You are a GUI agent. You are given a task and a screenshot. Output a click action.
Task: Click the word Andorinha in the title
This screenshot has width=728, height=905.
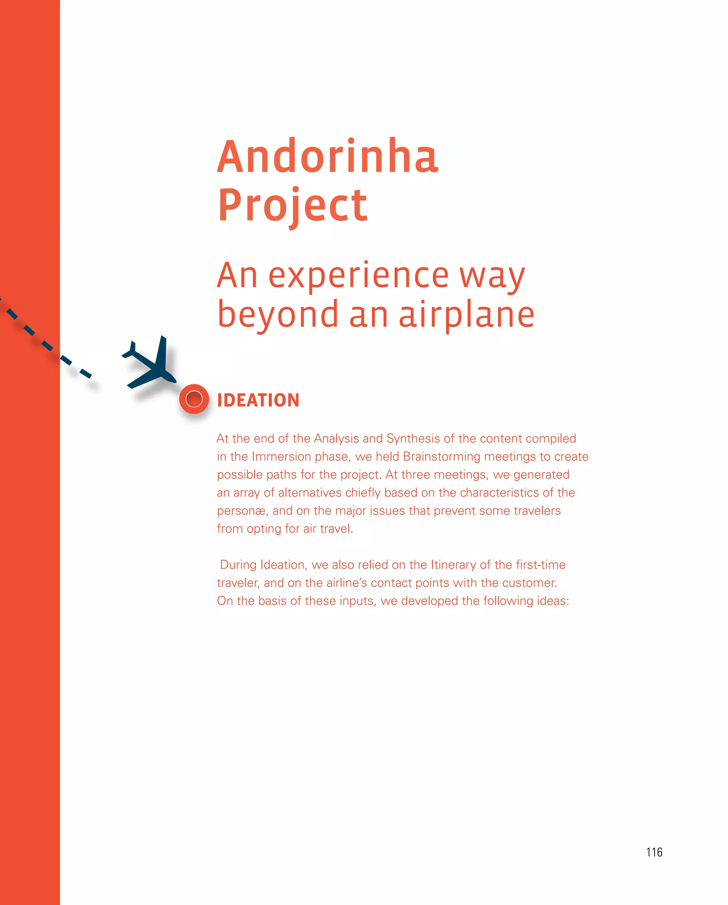(x=327, y=157)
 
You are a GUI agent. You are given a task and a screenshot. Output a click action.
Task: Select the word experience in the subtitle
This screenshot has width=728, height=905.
(x=359, y=276)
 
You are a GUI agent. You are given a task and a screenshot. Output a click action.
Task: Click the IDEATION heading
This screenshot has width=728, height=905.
(x=258, y=400)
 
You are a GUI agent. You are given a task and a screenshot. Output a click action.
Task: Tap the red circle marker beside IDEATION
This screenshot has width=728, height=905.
(x=194, y=399)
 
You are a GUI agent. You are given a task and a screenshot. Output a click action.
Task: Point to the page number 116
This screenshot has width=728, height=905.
(x=654, y=852)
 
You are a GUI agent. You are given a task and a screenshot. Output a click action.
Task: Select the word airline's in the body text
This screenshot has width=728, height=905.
(x=346, y=583)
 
